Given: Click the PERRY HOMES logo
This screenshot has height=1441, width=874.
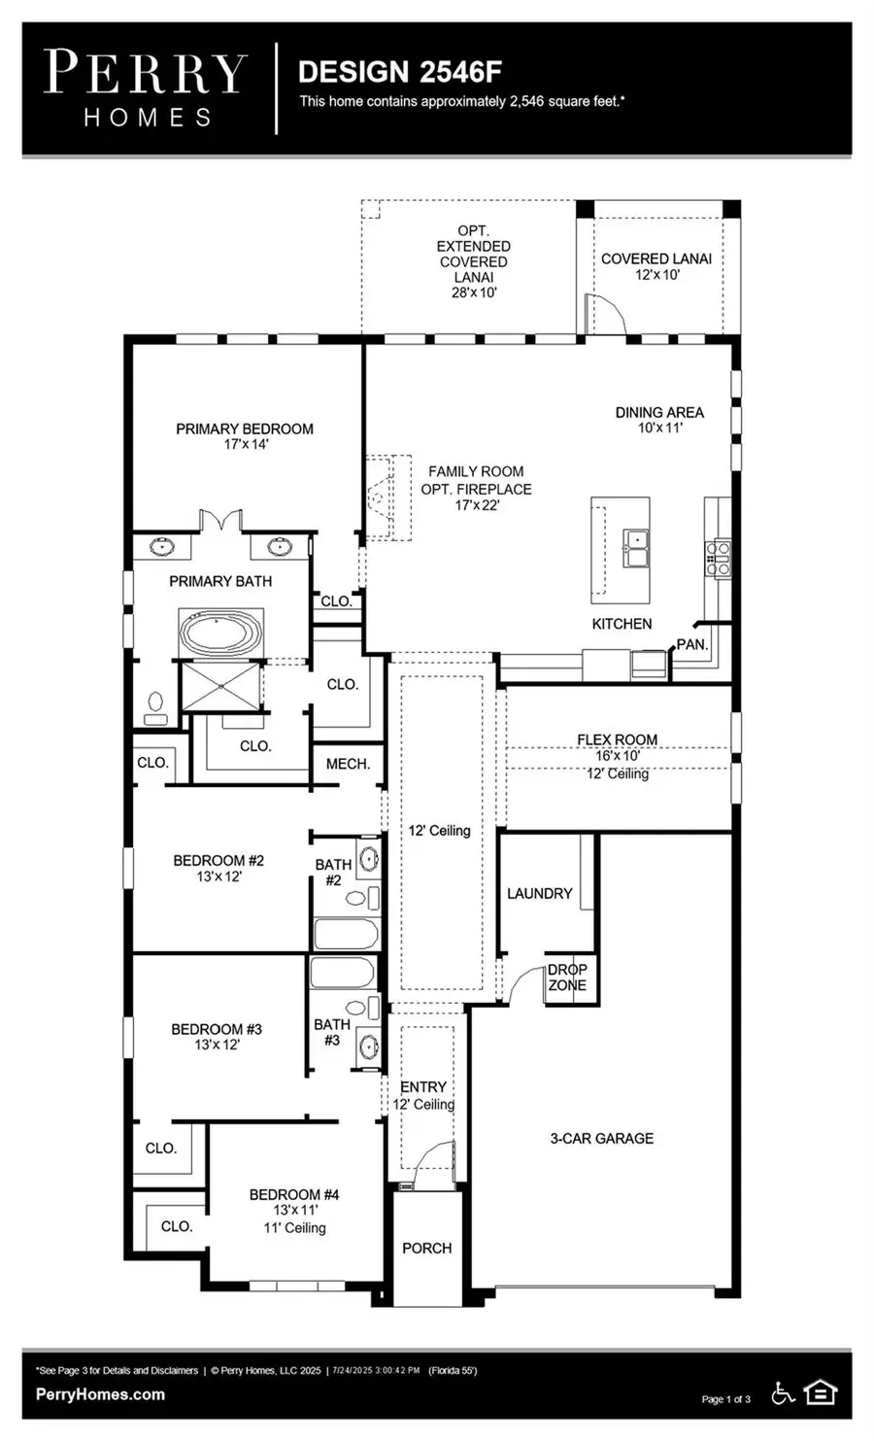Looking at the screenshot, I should tap(146, 88).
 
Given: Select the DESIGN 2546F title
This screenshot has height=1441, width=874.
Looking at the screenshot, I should tap(399, 72).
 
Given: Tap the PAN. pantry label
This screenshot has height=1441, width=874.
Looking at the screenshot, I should tap(691, 644).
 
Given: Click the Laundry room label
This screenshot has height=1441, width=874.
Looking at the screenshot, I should tap(540, 893).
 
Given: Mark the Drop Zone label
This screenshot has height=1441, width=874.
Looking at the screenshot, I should tap(567, 978).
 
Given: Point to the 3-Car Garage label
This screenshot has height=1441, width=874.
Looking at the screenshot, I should tap(602, 1138).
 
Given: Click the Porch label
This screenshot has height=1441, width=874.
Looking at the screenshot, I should tap(427, 1248).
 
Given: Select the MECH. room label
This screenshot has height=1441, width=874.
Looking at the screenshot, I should tap(348, 764).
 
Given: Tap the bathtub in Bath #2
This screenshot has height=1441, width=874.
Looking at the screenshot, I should tap(346, 935).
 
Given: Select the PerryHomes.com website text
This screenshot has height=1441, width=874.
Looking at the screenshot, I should tap(100, 1394).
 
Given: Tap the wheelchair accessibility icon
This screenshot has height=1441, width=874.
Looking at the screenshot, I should tap(783, 1393).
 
